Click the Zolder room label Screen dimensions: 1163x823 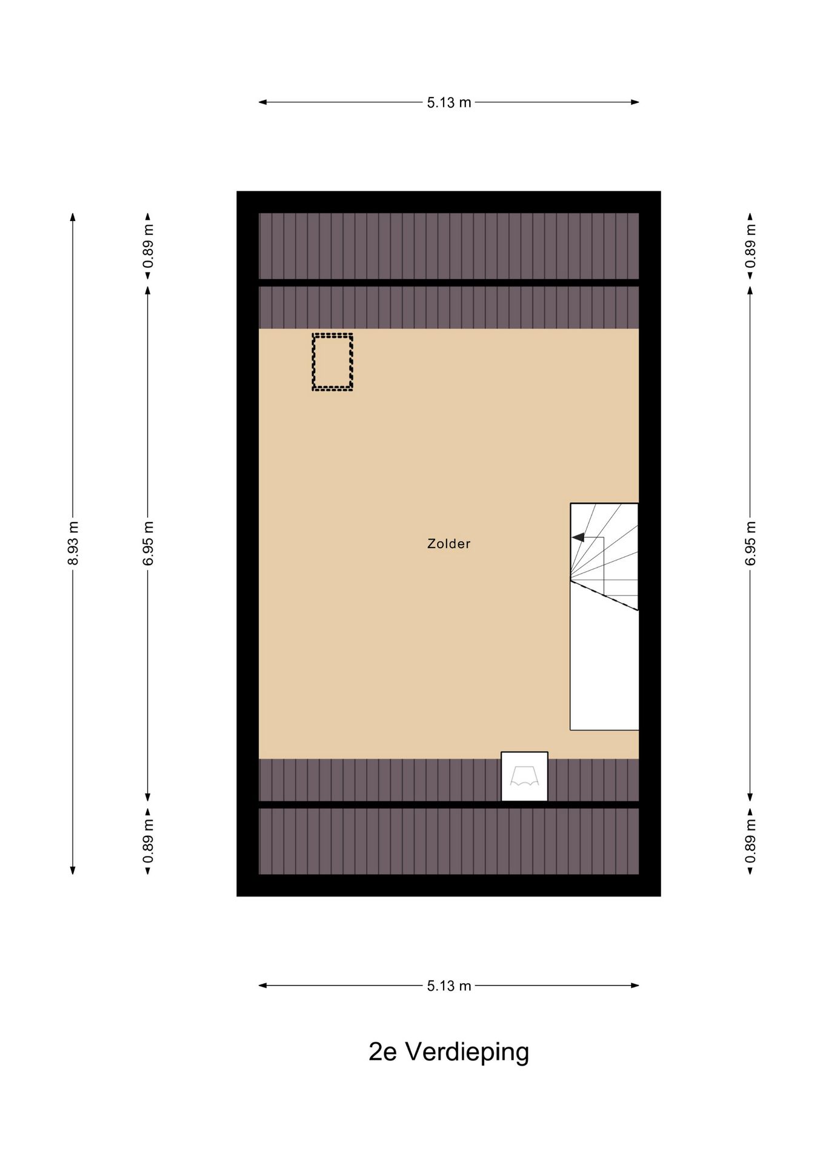[448, 544]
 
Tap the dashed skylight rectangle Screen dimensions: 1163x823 [332, 362]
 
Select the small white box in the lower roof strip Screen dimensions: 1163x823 [524, 777]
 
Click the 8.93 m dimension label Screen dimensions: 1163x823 [73, 543]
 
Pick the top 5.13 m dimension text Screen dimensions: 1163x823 [448, 102]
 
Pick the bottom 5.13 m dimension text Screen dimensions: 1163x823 [448, 986]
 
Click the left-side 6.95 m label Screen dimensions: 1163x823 [148, 543]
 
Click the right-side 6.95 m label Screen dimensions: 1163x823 [750, 543]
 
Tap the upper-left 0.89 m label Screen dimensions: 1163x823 [148, 246]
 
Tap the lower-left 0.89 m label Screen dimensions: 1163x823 [148, 841]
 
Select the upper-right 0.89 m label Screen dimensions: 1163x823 [750, 246]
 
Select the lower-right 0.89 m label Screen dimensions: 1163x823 [750, 841]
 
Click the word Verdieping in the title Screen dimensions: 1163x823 [467, 1052]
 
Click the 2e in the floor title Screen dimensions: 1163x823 [382, 1052]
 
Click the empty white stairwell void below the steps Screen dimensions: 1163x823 [604, 672]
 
